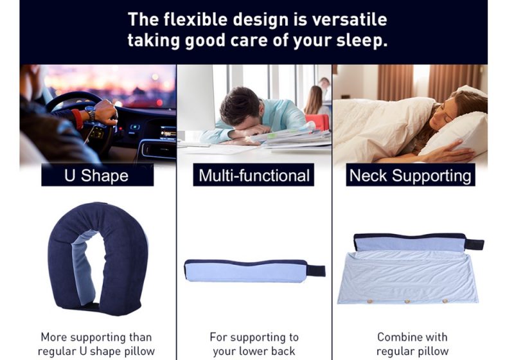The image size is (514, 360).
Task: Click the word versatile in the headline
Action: [x=350, y=19]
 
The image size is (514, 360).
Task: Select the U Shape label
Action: [x=98, y=175]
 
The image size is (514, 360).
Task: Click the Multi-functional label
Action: [x=254, y=175]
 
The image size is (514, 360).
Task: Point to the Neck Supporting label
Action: [x=411, y=175]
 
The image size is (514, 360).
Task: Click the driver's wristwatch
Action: [x=90, y=113]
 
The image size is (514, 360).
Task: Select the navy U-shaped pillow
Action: [x=98, y=259]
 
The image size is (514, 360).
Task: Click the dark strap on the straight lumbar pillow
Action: [x=315, y=271]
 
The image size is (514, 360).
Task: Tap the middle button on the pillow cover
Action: [x=407, y=301]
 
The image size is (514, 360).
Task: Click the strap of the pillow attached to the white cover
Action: [x=475, y=244]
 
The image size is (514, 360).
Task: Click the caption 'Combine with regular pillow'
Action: [x=412, y=344]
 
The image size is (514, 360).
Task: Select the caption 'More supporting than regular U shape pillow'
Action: [x=96, y=344]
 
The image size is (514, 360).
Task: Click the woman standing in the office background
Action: [x=314, y=100]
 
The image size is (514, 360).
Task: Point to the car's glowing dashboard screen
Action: [x=168, y=133]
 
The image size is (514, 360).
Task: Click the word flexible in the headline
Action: [x=195, y=19]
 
